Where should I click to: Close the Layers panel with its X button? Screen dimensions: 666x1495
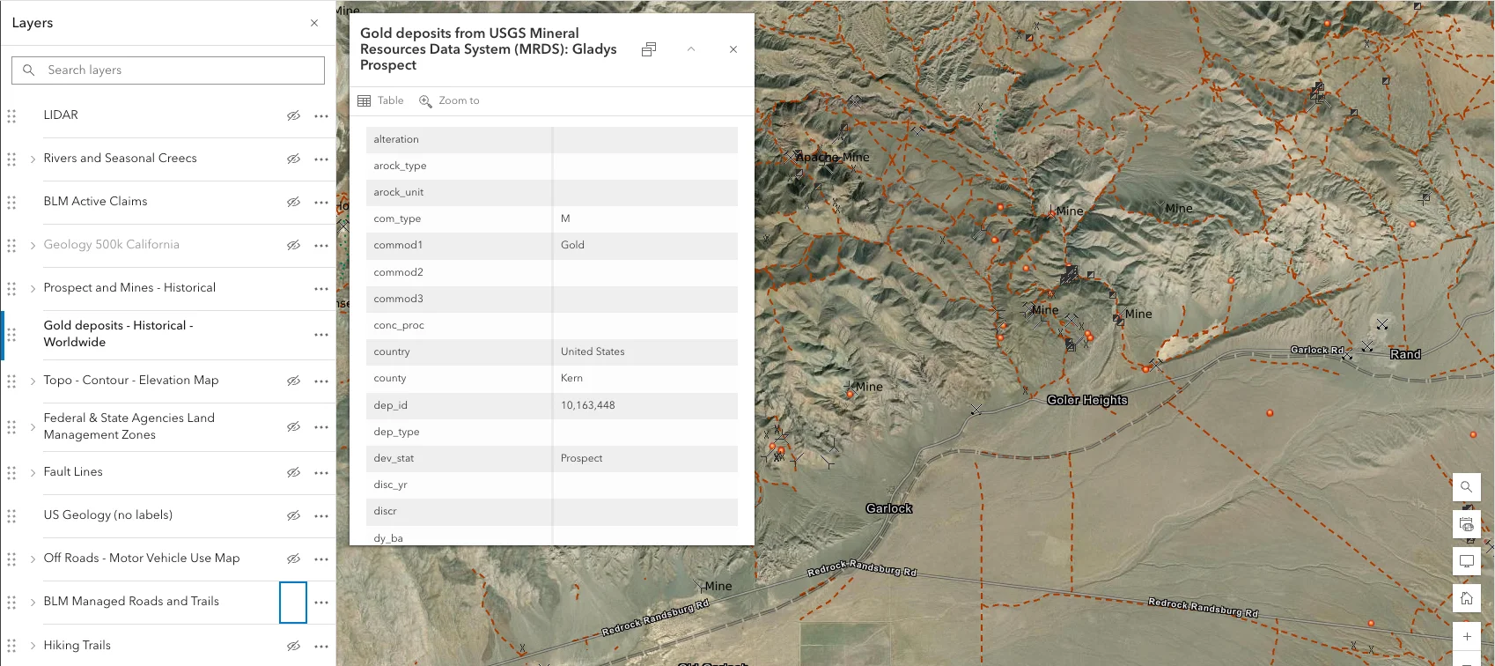(x=314, y=23)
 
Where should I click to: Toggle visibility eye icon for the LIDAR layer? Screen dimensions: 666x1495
(x=293, y=115)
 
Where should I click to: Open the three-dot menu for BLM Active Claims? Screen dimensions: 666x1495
(x=321, y=202)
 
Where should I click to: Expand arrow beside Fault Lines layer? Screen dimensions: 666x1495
(x=33, y=472)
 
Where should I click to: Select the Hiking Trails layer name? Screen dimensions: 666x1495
(x=77, y=645)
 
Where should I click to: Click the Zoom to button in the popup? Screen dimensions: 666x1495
(x=450, y=100)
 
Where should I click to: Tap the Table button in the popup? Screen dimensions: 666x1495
(x=381, y=100)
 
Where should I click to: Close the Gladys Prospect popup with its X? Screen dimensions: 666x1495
(x=733, y=49)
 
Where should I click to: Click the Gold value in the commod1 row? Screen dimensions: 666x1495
(x=572, y=245)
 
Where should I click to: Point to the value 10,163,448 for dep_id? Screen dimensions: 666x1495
(x=588, y=405)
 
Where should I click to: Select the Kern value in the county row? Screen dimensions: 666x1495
(x=571, y=378)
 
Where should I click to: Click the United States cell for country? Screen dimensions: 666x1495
(x=593, y=351)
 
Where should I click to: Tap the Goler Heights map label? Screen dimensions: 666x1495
(x=1086, y=400)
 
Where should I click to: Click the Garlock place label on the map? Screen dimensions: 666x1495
(x=888, y=508)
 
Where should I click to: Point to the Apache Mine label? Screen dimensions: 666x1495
(x=832, y=157)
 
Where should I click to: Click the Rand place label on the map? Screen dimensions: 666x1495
(x=1405, y=354)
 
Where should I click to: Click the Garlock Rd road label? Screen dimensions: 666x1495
(x=1316, y=350)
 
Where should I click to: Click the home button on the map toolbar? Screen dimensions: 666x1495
(x=1467, y=598)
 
